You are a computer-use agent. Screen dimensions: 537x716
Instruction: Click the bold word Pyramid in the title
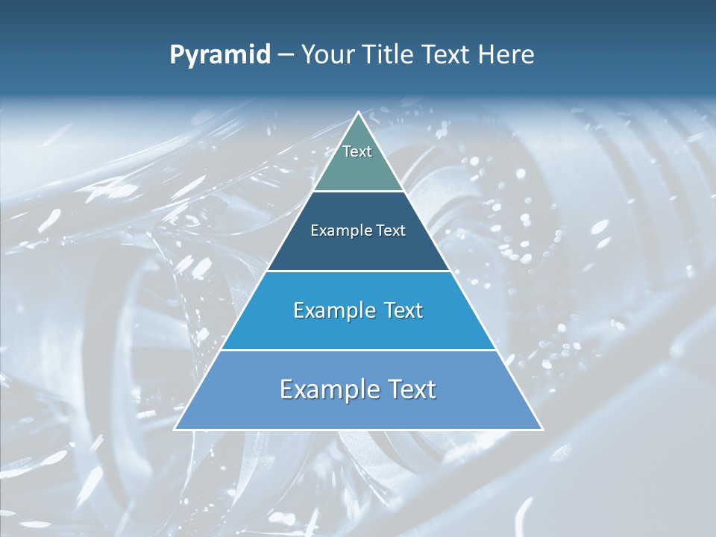[x=220, y=55]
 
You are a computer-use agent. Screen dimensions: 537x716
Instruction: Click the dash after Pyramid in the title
[x=286, y=55]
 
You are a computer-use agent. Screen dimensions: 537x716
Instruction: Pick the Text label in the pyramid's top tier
[x=357, y=151]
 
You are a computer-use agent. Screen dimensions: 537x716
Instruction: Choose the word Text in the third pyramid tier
[x=404, y=310]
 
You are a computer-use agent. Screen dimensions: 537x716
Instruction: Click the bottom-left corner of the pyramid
[x=175, y=429]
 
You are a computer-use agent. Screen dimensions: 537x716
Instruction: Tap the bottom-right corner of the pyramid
[x=542, y=429]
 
